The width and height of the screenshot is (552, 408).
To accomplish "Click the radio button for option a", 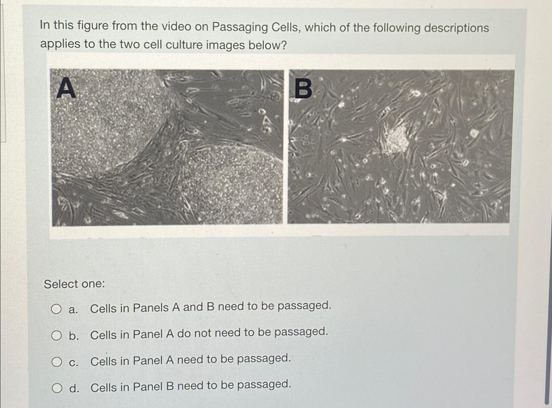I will pyautogui.click(x=56, y=309).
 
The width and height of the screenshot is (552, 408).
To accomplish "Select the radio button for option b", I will pyautogui.click(x=56, y=335).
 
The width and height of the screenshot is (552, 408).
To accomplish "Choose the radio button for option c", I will pyautogui.click(x=56, y=361).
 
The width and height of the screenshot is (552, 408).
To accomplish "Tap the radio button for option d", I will pyautogui.click(x=57, y=388).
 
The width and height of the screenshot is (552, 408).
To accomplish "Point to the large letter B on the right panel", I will pyautogui.click(x=303, y=89).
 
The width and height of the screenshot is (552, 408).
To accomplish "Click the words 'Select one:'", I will pyautogui.click(x=74, y=284).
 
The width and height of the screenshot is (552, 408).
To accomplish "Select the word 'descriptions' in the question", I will pyautogui.click(x=456, y=28).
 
